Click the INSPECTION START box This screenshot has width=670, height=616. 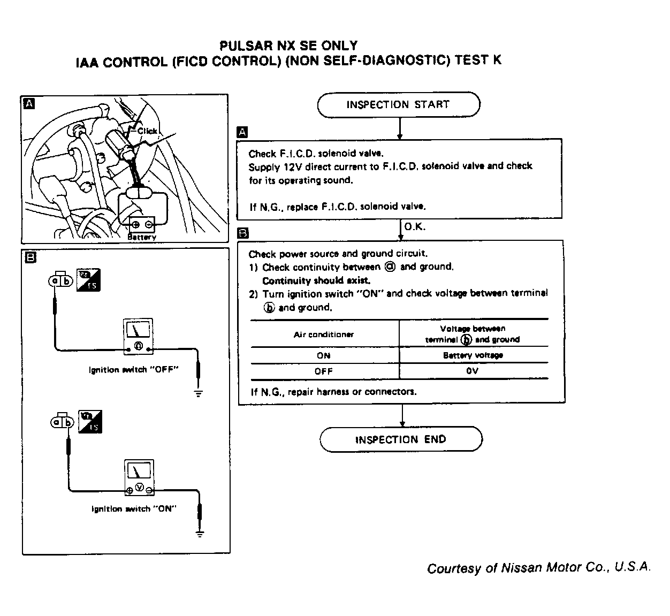pyautogui.click(x=398, y=105)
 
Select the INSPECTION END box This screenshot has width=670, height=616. pyautogui.click(x=401, y=439)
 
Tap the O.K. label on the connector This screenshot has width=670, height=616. pyautogui.click(x=415, y=227)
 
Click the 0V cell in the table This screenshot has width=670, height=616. pyautogui.click(x=472, y=371)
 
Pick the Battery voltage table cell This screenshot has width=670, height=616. pyautogui.click(x=473, y=355)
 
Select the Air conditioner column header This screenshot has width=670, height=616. pyautogui.click(x=324, y=334)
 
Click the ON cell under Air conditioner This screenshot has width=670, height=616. pyautogui.click(x=323, y=355)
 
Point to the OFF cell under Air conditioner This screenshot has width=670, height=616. pyautogui.click(x=323, y=371)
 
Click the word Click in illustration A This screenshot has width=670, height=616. pyautogui.click(x=147, y=131)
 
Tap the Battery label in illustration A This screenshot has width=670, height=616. pyautogui.click(x=142, y=237)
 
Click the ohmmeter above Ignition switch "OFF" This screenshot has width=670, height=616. pyautogui.click(x=138, y=336)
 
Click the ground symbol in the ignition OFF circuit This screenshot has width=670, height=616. pyautogui.click(x=199, y=393)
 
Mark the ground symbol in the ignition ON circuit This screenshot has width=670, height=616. pyautogui.click(x=200, y=533)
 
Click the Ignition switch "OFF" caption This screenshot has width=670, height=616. pyautogui.click(x=133, y=370)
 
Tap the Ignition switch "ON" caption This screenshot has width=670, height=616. pyautogui.click(x=134, y=509)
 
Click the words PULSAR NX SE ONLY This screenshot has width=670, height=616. pyautogui.click(x=288, y=46)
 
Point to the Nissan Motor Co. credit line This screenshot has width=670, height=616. pyautogui.click(x=538, y=568)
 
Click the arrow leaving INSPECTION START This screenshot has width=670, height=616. pyautogui.click(x=399, y=128)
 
